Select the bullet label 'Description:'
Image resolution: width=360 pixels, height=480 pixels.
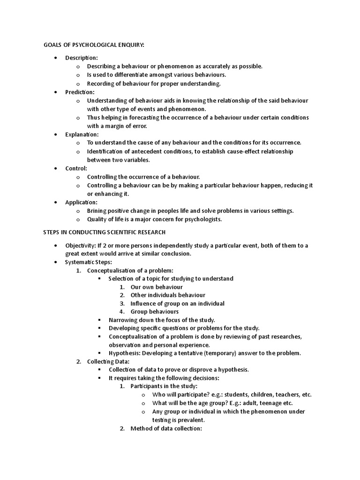click(x=82, y=58)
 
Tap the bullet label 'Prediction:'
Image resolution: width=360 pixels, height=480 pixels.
click(x=80, y=92)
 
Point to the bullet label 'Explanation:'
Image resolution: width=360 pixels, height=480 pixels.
click(x=82, y=135)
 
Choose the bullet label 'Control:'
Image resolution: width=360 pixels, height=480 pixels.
click(x=76, y=168)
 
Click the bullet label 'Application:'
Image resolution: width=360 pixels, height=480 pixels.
click(x=82, y=202)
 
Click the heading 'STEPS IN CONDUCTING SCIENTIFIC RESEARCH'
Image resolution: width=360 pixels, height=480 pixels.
click(x=105, y=232)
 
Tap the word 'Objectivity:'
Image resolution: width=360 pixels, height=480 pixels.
click(x=80, y=246)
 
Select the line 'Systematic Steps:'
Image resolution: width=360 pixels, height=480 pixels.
click(x=89, y=262)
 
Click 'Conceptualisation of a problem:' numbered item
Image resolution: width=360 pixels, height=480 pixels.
click(x=130, y=270)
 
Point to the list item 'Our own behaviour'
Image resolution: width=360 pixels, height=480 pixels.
click(x=157, y=287)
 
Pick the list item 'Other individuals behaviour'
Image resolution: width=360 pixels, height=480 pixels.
click(x=168, y=295)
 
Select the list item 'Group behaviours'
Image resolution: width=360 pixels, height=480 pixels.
click(x=155, y=312)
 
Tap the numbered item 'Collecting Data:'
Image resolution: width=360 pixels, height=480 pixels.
click(x=109, y=361)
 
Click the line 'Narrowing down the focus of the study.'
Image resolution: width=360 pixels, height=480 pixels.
click(x=162, y=320)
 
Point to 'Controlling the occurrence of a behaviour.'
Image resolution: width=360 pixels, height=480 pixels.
click(x=143, y=177)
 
